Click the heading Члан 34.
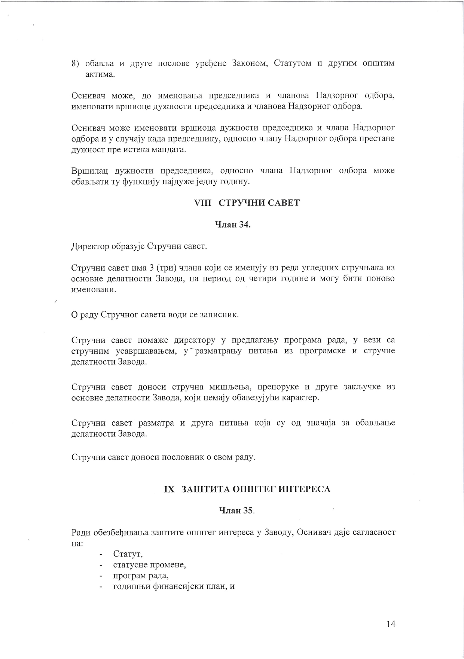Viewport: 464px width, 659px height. tap(232, 225)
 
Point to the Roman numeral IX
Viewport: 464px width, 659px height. tap(170, 489)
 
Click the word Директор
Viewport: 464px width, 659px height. tap(89, 247)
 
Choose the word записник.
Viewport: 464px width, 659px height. tap(221, 315)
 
